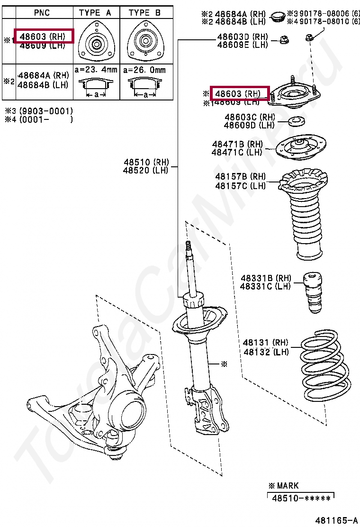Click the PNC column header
tap(42, 13)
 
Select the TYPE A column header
tap(96, 13)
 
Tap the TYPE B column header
tap(144, 13)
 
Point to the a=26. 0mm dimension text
tap(144, 70)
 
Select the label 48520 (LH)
tap(145, 171)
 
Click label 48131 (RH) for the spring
tap(265, 343)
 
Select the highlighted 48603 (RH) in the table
tap(44, 36)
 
